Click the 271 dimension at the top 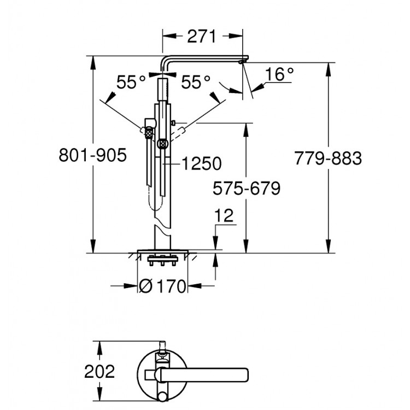coord(200,37)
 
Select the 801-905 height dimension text coord(92,156)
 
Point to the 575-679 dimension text coord(246,189)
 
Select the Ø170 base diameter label coord(163,285)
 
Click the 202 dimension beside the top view coord(99,372)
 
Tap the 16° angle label coord(280,74)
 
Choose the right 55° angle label coord(196,83)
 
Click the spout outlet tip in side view coord(241,62)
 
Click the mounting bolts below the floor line coord(162,263)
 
